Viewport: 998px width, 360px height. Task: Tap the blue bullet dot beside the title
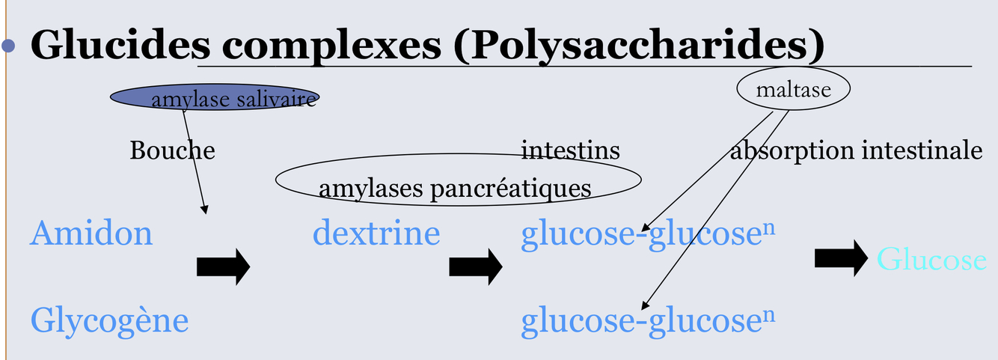[x=9, y=46]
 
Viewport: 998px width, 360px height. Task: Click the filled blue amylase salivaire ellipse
[x=215, y=97]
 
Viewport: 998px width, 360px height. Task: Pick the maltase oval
[x=794, y=90]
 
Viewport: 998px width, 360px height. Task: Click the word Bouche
[x=172, y=150]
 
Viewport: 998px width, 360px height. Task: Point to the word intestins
[x=570, y=150]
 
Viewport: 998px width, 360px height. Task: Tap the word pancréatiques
[x=509, y=189]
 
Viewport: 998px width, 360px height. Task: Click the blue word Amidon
[x=91, y=233]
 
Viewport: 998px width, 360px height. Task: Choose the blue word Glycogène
[x=109, y=322]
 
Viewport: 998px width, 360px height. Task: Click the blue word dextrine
[x=376, y=233]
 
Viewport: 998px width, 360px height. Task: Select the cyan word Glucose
[x=931, y=260]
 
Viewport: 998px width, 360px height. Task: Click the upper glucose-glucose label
[x=647, y=234]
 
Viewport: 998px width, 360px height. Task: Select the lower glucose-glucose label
[x=647, y=321]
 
